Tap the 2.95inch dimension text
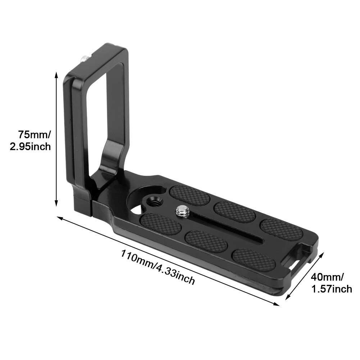[30, 147]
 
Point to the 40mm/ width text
[327, 277]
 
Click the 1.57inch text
[331, 288]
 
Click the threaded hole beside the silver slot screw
[155, 201]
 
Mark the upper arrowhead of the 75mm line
[56, 75]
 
